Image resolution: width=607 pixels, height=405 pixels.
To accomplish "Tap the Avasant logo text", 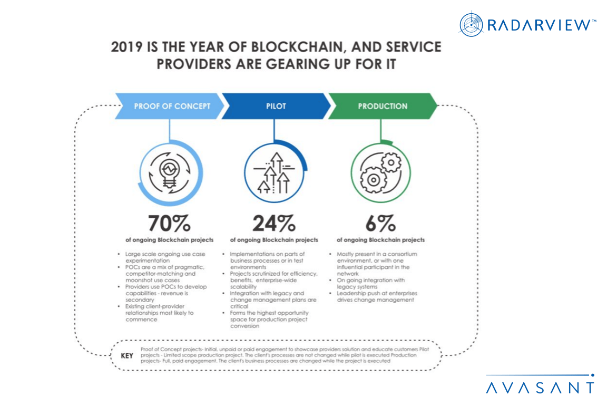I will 540,388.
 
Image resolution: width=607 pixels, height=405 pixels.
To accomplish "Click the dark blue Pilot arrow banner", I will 276,106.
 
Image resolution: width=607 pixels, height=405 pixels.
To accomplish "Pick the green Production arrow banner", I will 383,106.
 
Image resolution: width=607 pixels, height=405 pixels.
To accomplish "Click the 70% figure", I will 169,224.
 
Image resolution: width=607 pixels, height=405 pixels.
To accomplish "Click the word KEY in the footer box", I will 127,356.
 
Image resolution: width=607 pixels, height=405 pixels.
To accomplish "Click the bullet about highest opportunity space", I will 270,319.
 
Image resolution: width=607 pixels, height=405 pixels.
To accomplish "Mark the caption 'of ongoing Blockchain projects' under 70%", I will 169,240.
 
